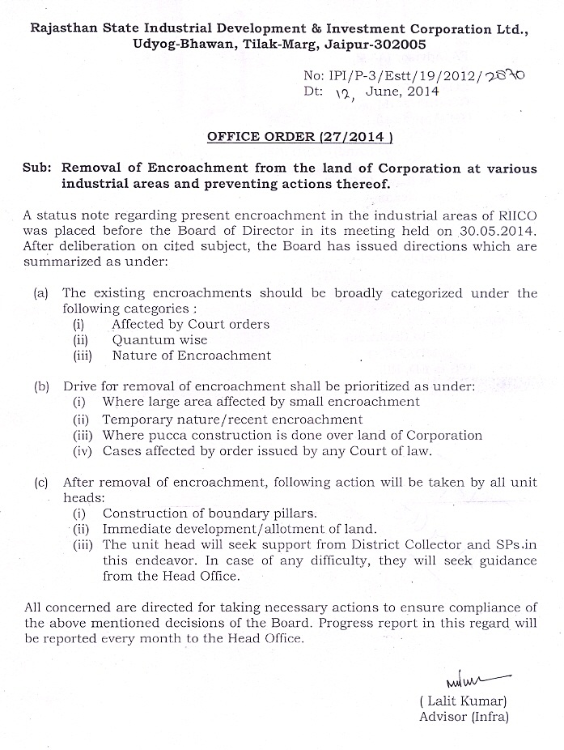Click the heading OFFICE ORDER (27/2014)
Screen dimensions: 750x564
click(x=299, y=137)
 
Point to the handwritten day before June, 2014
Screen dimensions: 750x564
click(x=346, y=93)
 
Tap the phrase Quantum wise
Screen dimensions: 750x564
click(x=159, y=340)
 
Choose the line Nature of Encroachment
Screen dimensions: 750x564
click(x=192, y=356)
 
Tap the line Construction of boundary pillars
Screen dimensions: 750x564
click(x=210, y=513)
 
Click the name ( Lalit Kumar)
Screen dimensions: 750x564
click(x=463, y=701)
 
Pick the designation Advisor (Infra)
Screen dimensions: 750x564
click(x=464, y=716)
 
